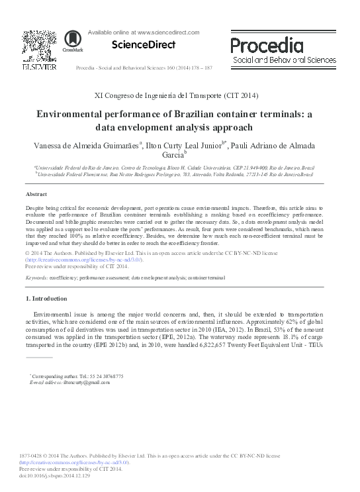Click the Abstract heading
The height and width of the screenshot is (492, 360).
click(36, 194)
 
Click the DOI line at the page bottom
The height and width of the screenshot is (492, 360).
click(58, 476)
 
